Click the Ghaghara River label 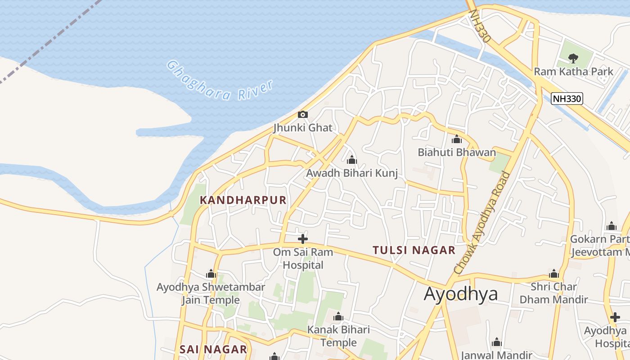pyautogui.click(x=220, y=81)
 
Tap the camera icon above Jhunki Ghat pyautogui.click(x=303, y=115)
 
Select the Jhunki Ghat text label pyautogui.click(x=303, y=128)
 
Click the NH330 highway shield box pyautogui.click(x=567, y=99)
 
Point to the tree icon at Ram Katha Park pyautogui.click(x=573, y=58)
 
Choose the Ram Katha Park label pyautogui.click(x=573, y=72)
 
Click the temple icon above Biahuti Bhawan pyautogui.click(x=457, y=139)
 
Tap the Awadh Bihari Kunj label pyautogui.click(x=352, y=173)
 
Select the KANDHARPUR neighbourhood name pyautogui.click(x=243, y=200)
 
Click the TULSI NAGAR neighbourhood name pyautogui.click(x=414, y=250)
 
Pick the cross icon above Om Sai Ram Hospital pyautogui.click(x=303, y=239)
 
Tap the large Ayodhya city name pyautogui.click(x=461, y=294)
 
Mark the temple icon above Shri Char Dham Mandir pyautogui.click(x=554, y=274)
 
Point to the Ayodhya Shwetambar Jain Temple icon pyautogui.click(x=211, y=274)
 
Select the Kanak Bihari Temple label pyautogui.click(x=338, y=336)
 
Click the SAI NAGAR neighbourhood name pyautogui.click(x=213, y=349)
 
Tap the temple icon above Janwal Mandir pyautogui.click(x=497, y=343)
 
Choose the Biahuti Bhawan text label pyautogui.click(x=457, y=153)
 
